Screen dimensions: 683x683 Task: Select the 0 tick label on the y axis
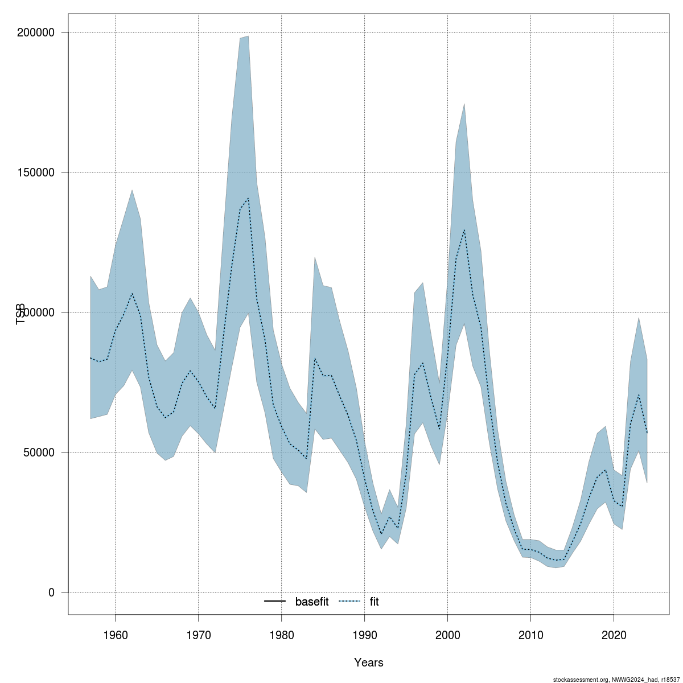(51, 593)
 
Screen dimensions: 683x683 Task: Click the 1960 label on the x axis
(116, 634)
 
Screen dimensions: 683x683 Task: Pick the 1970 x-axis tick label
(199, 634)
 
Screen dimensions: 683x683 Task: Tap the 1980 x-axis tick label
(282, 634)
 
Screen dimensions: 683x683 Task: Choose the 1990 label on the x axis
(365, 634)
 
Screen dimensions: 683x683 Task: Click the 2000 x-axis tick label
(448, 634)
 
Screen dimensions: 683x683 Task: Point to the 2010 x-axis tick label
(530, 634)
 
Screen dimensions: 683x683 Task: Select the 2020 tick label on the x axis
(614, 634)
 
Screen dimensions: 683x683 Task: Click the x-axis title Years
(369, 663)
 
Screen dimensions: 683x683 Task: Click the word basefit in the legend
(312, 602)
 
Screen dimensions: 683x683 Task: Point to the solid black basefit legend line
(275, 602)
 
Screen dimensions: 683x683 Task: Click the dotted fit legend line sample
(349, 602)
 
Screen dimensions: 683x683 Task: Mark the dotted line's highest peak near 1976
(248, 198)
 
